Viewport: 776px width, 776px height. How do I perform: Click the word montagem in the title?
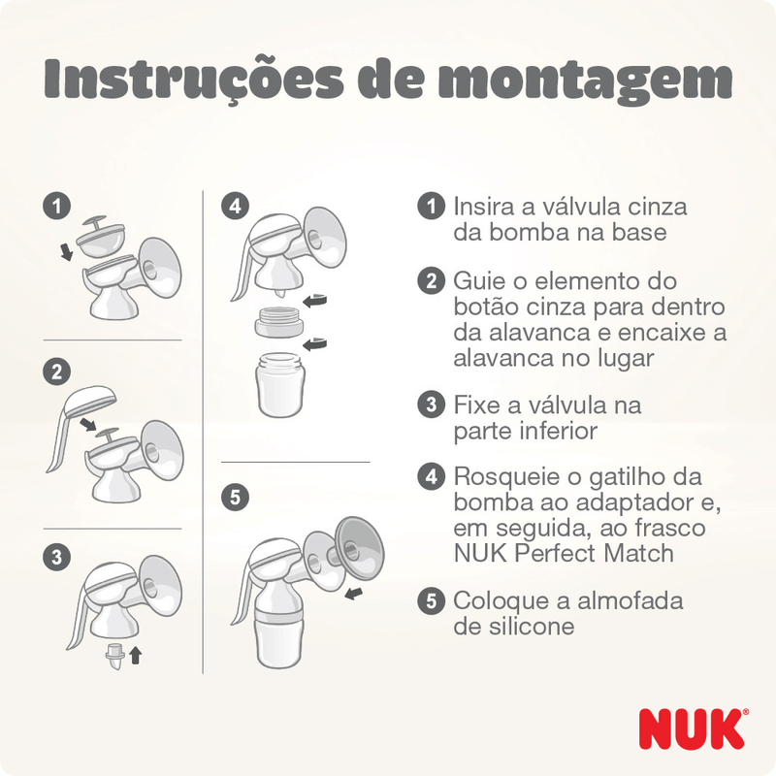[586, 80]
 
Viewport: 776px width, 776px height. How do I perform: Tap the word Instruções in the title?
[193, 80]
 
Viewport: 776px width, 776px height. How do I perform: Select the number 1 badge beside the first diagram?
[57, 206]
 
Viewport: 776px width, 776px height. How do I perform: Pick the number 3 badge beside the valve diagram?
[57, 557]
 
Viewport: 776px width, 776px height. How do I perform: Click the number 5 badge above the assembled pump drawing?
[235, 497]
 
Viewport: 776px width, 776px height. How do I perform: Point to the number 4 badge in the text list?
[431, 476]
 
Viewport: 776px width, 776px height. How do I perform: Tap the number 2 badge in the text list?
[431, 281]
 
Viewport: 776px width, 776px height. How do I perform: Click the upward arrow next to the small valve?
[136, 656]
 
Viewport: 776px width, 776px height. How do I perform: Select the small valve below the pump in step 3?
[114, 657]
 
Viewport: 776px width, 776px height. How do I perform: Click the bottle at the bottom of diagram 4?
[280, 384]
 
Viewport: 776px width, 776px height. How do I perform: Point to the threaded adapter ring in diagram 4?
[278, 322]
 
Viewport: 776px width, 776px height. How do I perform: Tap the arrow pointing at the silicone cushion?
[353, 594]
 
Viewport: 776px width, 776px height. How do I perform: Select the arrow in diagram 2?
[88, 424]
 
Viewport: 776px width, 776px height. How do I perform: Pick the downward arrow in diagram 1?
[66, 251]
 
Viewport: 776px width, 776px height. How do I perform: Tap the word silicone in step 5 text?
[532, 627]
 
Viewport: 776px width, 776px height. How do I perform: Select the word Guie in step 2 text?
[479, 281]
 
